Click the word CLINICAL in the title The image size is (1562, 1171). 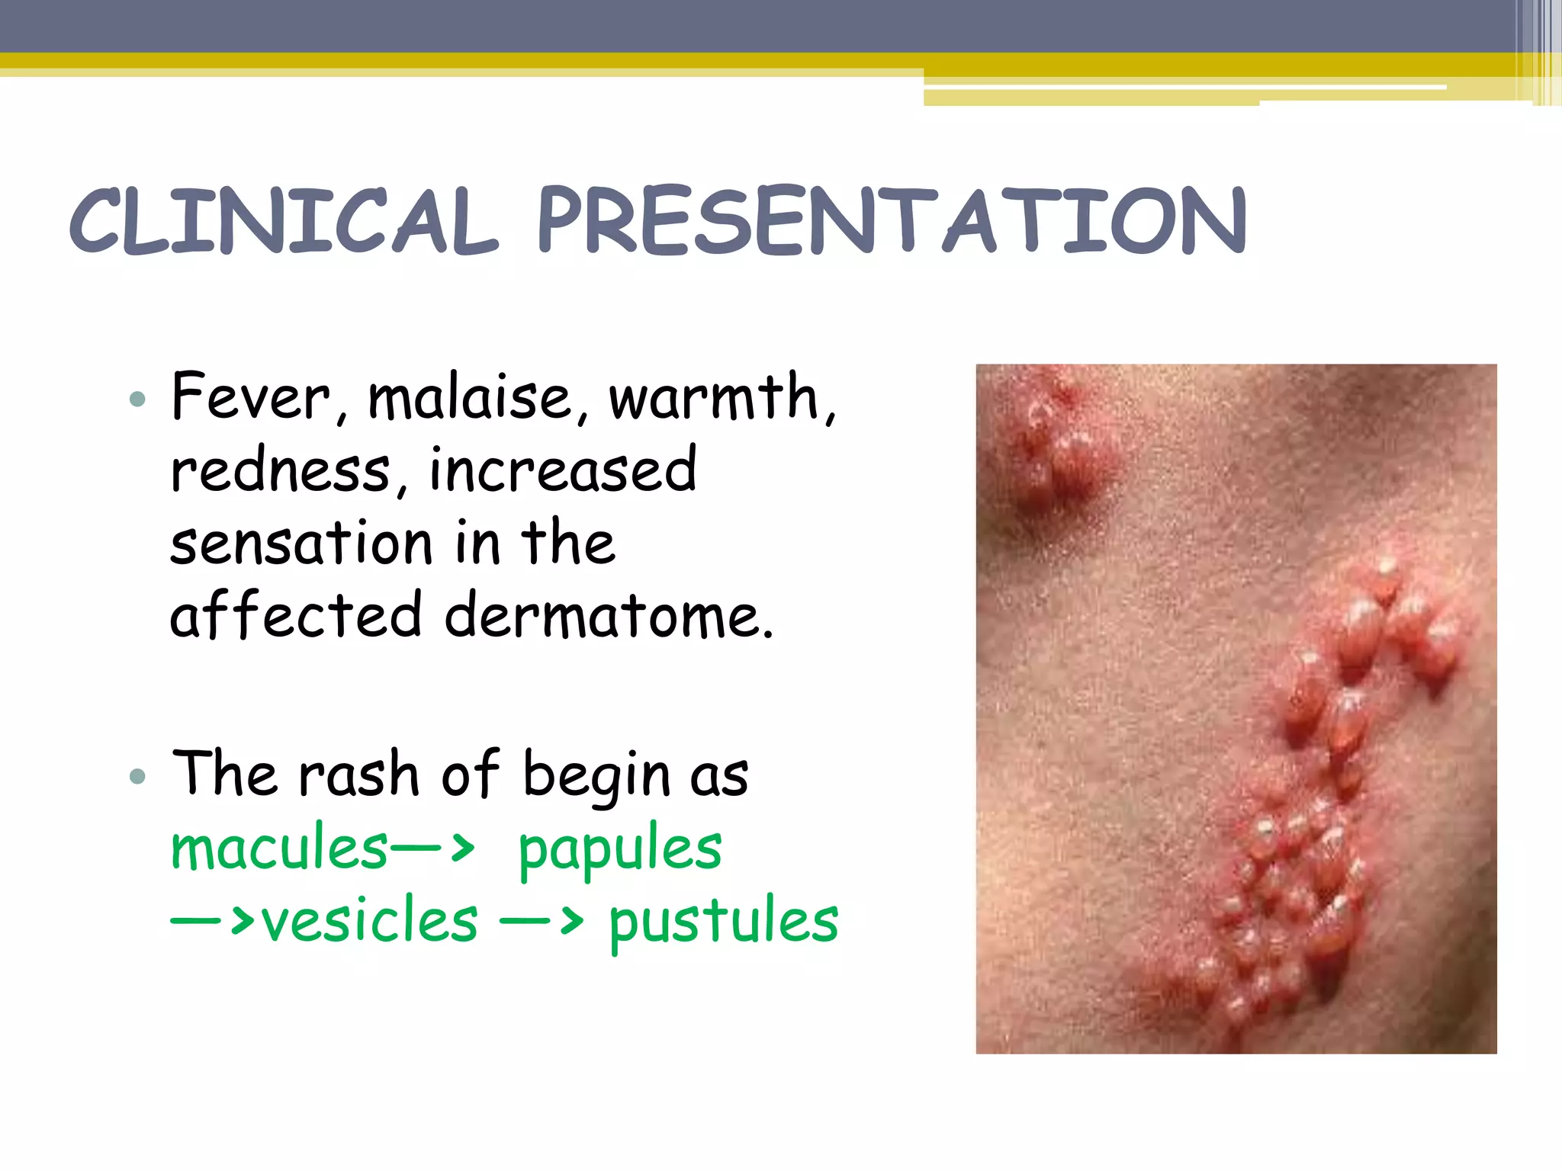pos(284,221)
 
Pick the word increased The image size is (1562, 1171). pos(563,470)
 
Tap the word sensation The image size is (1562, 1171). pos(301,543)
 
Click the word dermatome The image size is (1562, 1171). pos(609,616)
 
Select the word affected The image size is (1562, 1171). pos(296,616)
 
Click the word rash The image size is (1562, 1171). pos(358,775)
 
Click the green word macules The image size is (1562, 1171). pos(279,848)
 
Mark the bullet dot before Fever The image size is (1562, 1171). pos(137,399)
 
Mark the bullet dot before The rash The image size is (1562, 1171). pos(137,776)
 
